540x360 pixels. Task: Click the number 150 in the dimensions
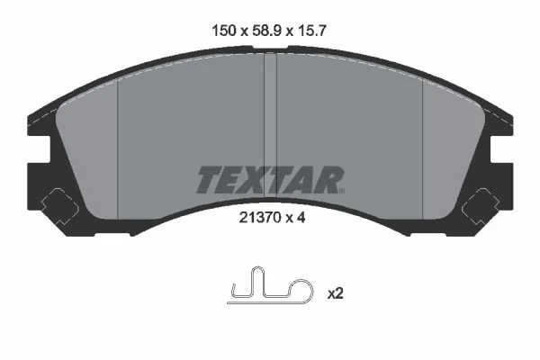pos(224,31)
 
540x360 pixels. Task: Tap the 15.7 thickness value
pos(311,31)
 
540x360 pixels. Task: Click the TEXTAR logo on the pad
pos(270,180)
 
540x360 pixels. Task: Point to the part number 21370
pos(258,218)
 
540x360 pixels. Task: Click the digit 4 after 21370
pos(301,218)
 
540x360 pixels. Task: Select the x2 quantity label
pos(335,293)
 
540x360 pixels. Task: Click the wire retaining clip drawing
pos(271,285)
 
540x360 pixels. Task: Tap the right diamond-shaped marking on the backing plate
pos(481,207)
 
